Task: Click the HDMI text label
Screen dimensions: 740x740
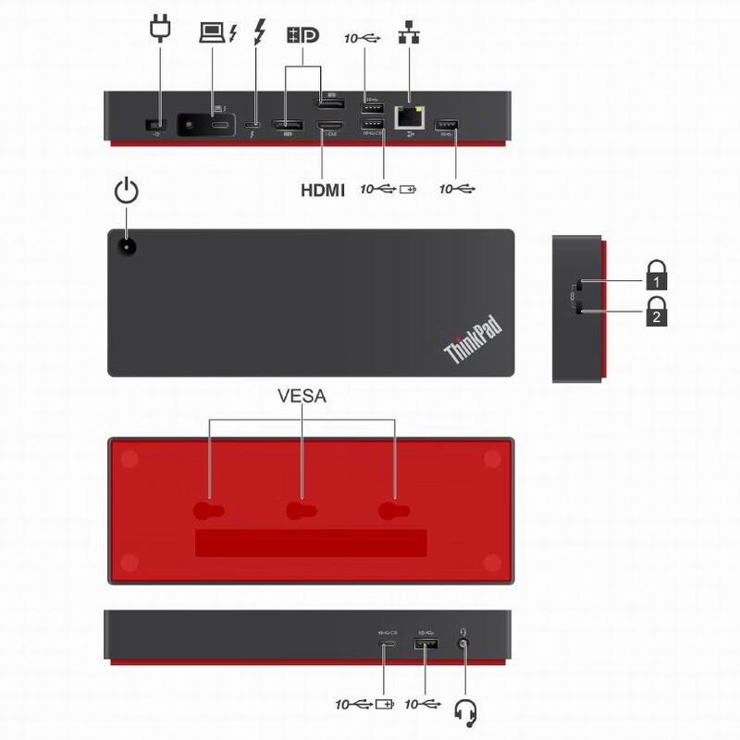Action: pos(322,191)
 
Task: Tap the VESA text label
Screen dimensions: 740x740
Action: pos(302,397)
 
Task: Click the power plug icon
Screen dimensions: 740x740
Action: pos(160,29)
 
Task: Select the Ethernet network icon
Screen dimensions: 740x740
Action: pos(408,32)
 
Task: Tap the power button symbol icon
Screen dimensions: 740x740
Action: pos(127,191)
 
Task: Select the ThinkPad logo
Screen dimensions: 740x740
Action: pos(473,339)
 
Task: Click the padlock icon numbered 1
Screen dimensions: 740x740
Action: pos(656,275)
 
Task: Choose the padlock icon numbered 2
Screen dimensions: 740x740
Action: pos(656,311)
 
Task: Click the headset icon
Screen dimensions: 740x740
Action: pos(467,711)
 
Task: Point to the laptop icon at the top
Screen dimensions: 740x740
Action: pos(214,32)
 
